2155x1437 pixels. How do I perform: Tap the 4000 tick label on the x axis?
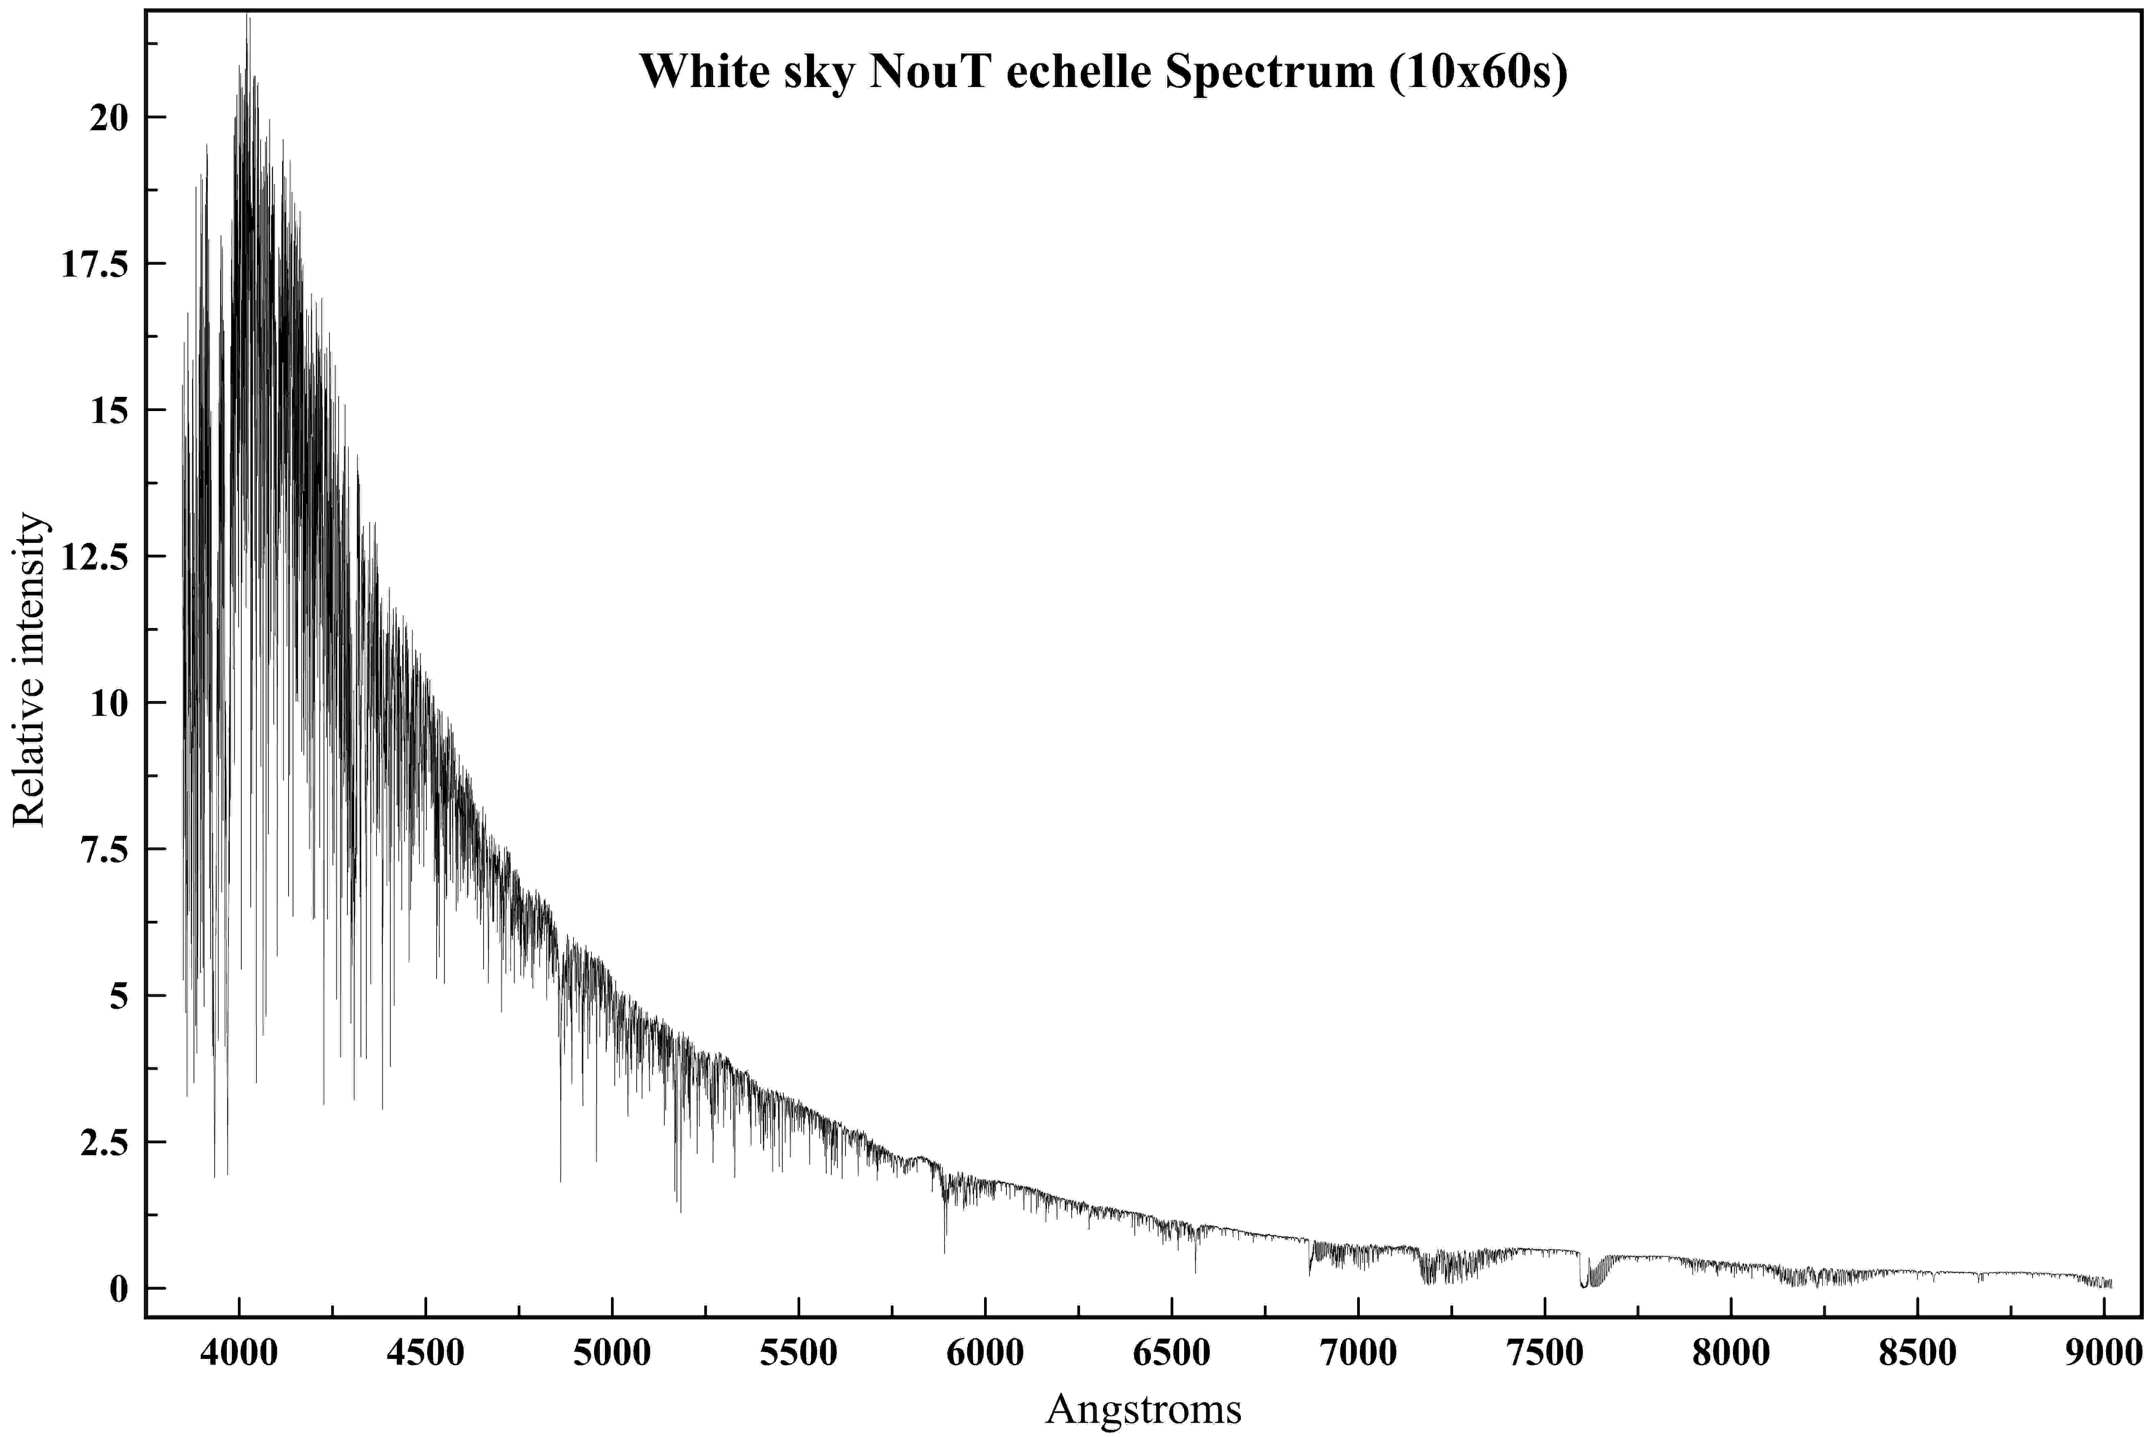pyautogui.click(x=239, y=1353)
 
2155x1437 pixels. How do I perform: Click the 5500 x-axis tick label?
pyautogui.click(x=799, y=1353)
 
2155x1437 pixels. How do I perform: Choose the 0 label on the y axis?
pyautogui.click(x=119, y=1289)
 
